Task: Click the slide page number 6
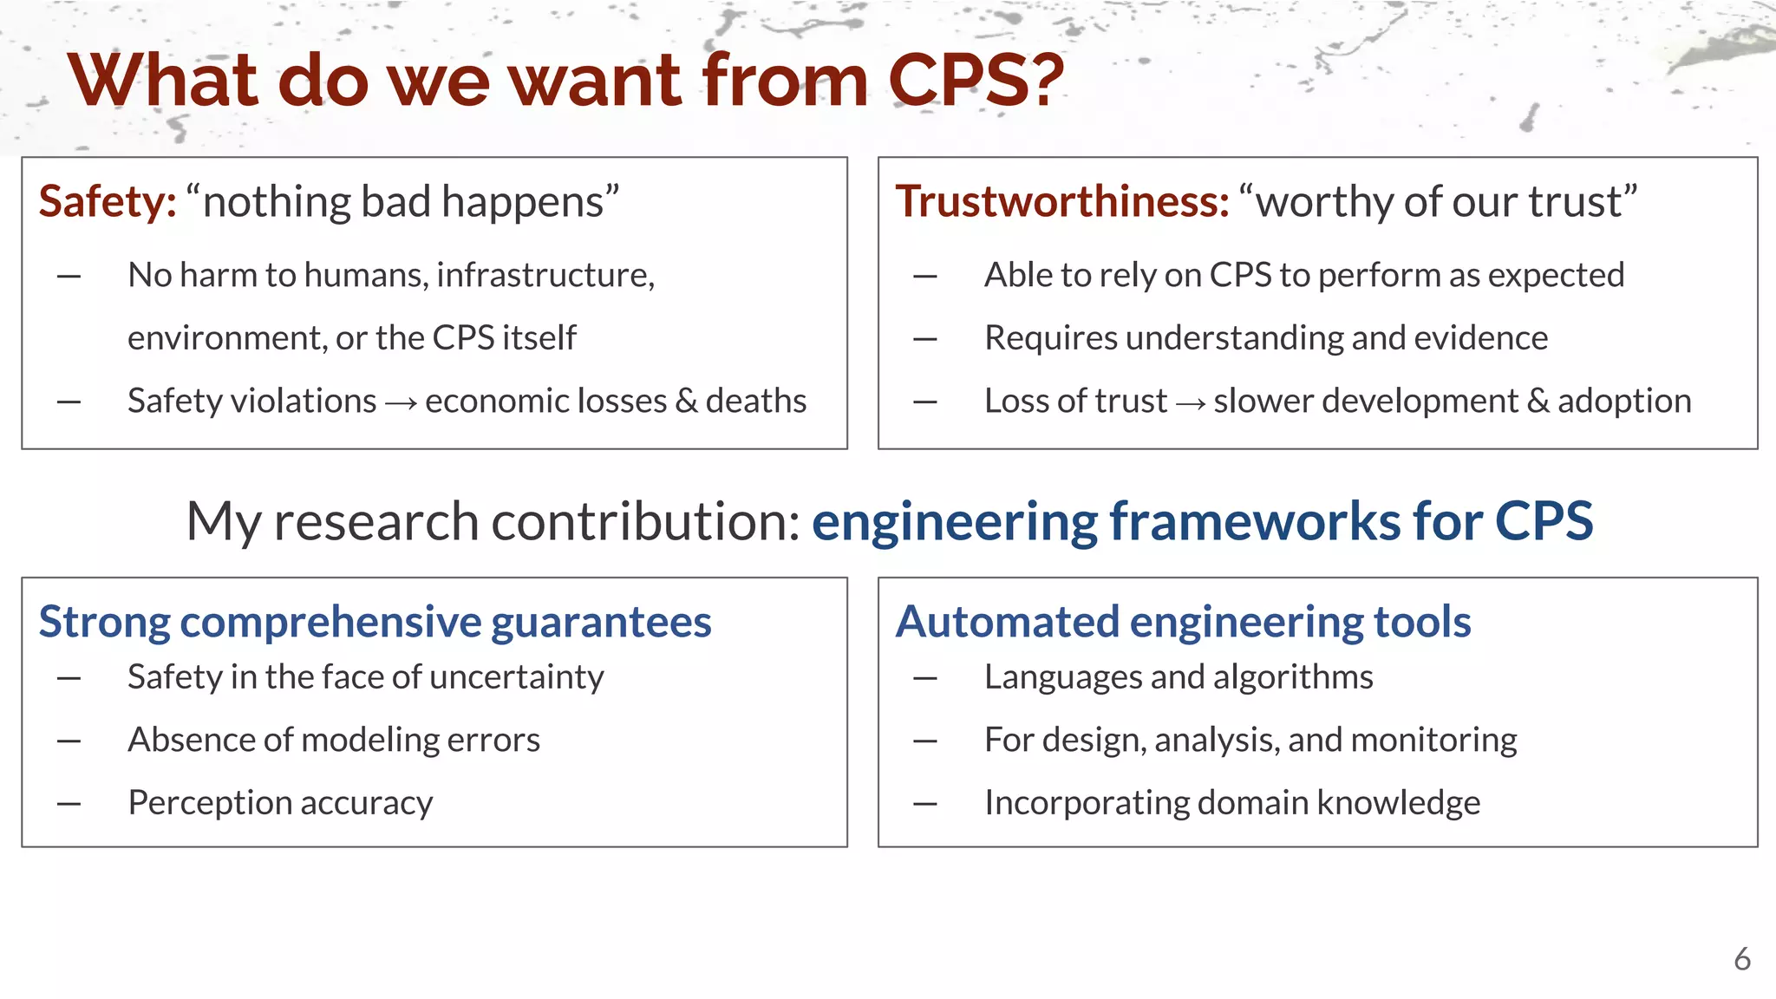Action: point(1741,959)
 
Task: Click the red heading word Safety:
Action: point(108,202)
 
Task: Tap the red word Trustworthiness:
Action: point(1062,202)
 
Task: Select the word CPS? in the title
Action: point(976,81)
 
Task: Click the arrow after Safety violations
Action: point(401,402)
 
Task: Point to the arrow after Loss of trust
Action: point(1190,402)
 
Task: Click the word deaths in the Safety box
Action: point(755,401)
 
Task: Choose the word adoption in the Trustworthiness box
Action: point(1624,401)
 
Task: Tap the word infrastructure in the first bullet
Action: point(545,275)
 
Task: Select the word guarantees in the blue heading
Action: point(601,623)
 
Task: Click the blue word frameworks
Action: point(1254,522)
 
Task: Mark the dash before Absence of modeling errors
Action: point(69,741)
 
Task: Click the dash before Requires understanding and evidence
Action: point(925,339)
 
